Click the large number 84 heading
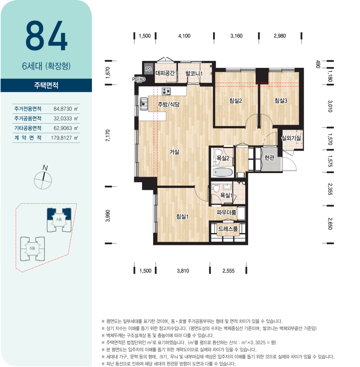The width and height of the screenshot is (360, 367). [x=47, y=36]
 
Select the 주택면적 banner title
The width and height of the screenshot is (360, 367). [x=46, y=85]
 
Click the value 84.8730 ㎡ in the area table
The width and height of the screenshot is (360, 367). [x=66, y=109]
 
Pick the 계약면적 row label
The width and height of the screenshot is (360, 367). [x=28, y=138]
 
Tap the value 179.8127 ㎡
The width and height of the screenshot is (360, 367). [x=64, y=138]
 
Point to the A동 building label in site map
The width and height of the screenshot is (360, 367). [x=59, y=219]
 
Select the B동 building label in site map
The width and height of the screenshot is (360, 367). [x=32, y=248]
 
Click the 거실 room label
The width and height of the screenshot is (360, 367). [x=174, y=152]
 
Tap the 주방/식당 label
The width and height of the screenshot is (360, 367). [x=169, y=104]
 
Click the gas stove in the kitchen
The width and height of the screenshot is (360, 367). [x=166, y=91]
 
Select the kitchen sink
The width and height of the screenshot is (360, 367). [x=144, y=104]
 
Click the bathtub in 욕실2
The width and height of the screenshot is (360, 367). [x=222, y=173]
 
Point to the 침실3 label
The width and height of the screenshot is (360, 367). [x=281, y=100]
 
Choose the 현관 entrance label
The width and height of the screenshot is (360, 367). [x=269, y=157]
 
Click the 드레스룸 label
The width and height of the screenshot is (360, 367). [x=228, y=229]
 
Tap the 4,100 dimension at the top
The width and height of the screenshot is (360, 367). [x=184, y=36]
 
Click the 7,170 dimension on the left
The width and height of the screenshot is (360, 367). [x=108, y=135]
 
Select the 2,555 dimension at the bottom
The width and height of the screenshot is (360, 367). [x=228, y=271]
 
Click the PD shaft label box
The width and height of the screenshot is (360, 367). [x=149, y=69]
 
